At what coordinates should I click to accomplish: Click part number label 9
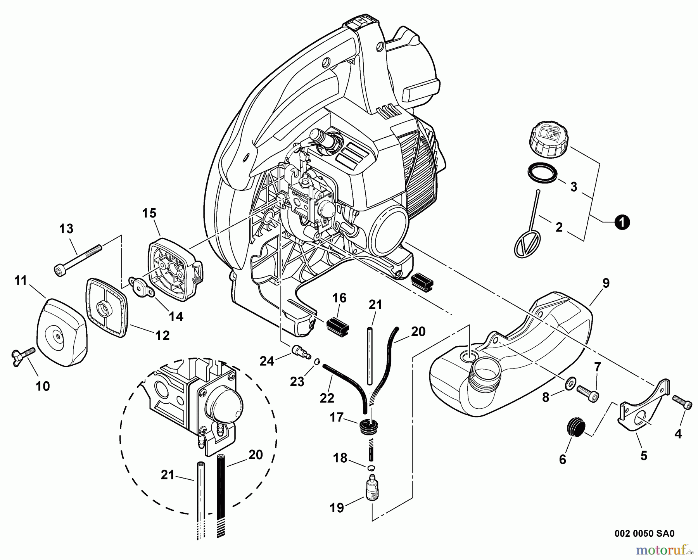606,283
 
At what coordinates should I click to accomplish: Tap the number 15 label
149,213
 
